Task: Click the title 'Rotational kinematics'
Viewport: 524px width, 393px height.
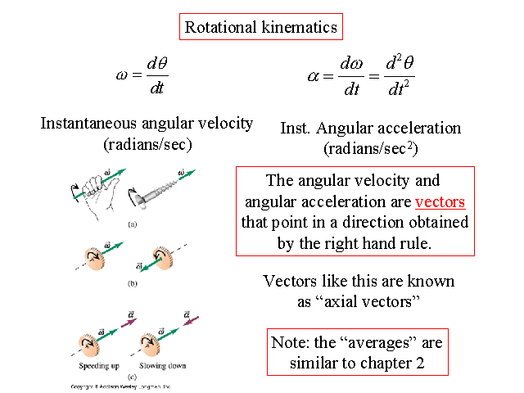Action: pyautogui.click(x=261, y=27)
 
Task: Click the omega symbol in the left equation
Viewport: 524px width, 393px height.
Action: pyautogui.click(x=123, y=75)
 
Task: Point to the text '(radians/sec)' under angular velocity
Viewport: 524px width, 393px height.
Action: pyautogui.click(x=147, y=145)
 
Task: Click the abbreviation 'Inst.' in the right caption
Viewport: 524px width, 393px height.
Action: pyautogui.click(x=296, y=129)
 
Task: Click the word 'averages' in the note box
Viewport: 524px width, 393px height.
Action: pyautogui.click(x=373, y=342)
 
